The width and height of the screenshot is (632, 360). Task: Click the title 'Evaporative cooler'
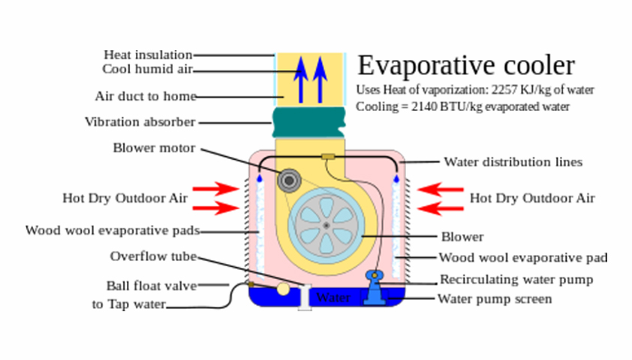466,66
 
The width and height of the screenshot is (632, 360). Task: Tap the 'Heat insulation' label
148,55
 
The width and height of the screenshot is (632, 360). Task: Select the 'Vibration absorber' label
140,121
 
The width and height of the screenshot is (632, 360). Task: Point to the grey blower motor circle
288,180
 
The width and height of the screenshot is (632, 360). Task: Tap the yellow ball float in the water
283,288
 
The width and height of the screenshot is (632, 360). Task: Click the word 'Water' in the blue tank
333,298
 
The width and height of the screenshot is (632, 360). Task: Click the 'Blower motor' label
154,148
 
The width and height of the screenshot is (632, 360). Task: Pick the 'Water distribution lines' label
513,161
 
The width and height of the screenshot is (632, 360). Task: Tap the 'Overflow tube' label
153,256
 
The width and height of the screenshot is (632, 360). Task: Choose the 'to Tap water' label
128,304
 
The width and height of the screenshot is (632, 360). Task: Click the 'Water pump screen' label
495,299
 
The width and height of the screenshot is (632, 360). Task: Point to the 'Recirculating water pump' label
516,280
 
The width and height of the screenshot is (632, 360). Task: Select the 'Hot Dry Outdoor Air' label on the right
531,199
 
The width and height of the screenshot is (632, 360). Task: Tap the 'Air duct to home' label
146,97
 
